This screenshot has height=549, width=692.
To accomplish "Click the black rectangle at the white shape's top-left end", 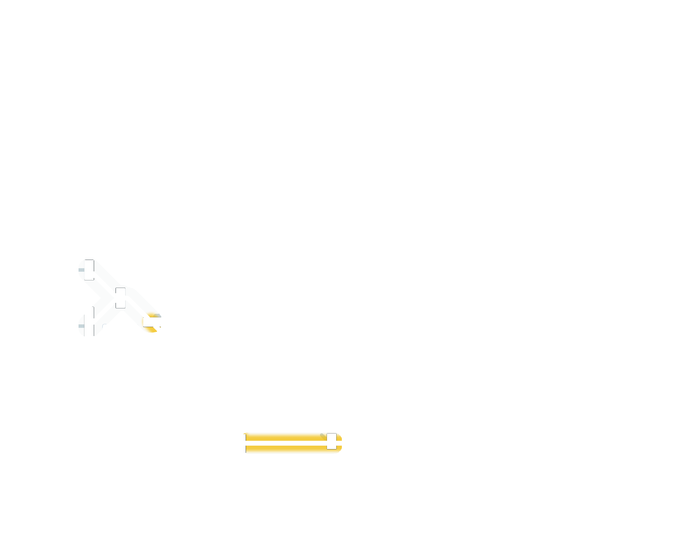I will coord(89,270).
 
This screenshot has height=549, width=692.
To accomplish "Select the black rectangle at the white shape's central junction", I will coord(120,297).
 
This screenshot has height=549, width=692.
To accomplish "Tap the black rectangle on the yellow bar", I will coord(331,441).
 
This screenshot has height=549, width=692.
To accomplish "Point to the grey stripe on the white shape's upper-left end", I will coord(81,269).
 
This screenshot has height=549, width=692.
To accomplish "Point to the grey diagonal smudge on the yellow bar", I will coord(323,437).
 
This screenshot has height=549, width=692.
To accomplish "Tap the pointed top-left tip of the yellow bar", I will coord(245,434).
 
